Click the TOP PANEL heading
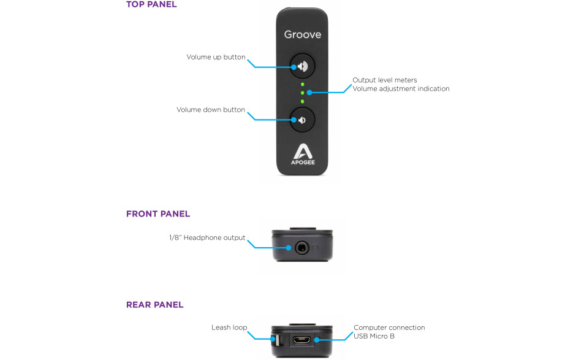point(151,4)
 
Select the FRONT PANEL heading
point(158,214)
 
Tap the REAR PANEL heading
point(154,305)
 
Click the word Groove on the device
point(302,34)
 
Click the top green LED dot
point(302,84)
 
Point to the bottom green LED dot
point(302,101)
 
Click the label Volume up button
point(216,57)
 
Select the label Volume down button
point(211,110)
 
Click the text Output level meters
point(385,80)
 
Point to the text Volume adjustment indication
point(401,89)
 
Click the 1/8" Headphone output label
point(207,237)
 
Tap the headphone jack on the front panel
point(302,248)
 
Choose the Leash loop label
point(229,327)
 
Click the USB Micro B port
point(301,340)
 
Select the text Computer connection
point(389,327)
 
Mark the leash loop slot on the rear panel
point(276,340)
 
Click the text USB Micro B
point(374,336)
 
